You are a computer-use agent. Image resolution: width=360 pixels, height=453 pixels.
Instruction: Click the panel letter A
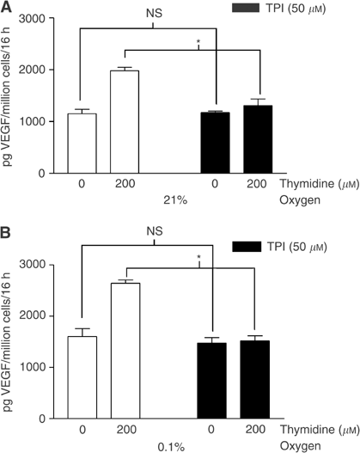point(7,8)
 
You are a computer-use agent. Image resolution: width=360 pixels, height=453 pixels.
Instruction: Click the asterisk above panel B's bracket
point(198,258)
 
